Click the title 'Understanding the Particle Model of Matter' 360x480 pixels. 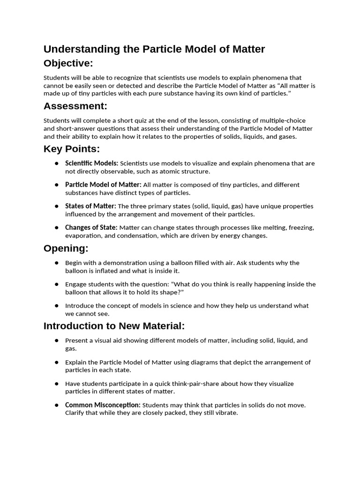pyautogui.click(x=154, y=49)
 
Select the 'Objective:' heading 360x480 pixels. pyautogui.click(x=68, y=63)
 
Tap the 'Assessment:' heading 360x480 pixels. pyautogui.click(x=75, y=106)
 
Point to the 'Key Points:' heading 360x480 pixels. pyautogui.click(x=72, y=149)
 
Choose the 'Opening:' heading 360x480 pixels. pyautogui.click(x=66, y=248)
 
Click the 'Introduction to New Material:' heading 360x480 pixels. pyautogui.click(x=114, y=326)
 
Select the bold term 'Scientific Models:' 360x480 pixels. pyautogui.click(x=91, y=163)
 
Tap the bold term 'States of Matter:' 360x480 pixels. pyautogui.click(x=90, y=206)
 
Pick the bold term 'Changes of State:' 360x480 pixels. pyautogui.click(x=91, y=227)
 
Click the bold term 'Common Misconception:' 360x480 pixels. pyautogui.click(x=103, y=405)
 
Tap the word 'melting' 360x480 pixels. pyautogui.click(x=275, y=227)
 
